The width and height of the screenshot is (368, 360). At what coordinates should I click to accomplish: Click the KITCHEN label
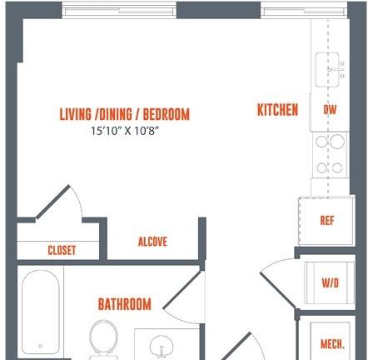277,110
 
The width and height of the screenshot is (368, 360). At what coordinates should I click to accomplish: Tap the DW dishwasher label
330,110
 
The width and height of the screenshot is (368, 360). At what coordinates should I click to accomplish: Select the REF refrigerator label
327,221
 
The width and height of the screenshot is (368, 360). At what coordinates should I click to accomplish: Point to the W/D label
331,283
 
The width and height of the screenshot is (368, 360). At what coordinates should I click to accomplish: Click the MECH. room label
332,344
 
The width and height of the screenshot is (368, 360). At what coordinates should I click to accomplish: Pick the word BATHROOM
125,304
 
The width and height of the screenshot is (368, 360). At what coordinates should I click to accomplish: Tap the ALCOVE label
152,242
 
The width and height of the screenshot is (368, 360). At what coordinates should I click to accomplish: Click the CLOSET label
62,250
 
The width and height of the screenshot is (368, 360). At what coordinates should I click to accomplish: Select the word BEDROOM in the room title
167,114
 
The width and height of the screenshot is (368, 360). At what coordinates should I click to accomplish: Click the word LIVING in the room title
75,114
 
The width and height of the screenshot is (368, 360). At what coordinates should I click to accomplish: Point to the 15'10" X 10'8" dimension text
125,131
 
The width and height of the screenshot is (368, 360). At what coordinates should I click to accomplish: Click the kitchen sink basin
327,70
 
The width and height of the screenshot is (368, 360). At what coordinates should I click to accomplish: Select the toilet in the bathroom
103,338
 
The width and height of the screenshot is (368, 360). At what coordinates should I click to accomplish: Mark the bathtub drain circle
41,346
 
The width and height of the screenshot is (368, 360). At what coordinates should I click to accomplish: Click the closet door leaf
52,202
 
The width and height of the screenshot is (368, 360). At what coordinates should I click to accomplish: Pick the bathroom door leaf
182,290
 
